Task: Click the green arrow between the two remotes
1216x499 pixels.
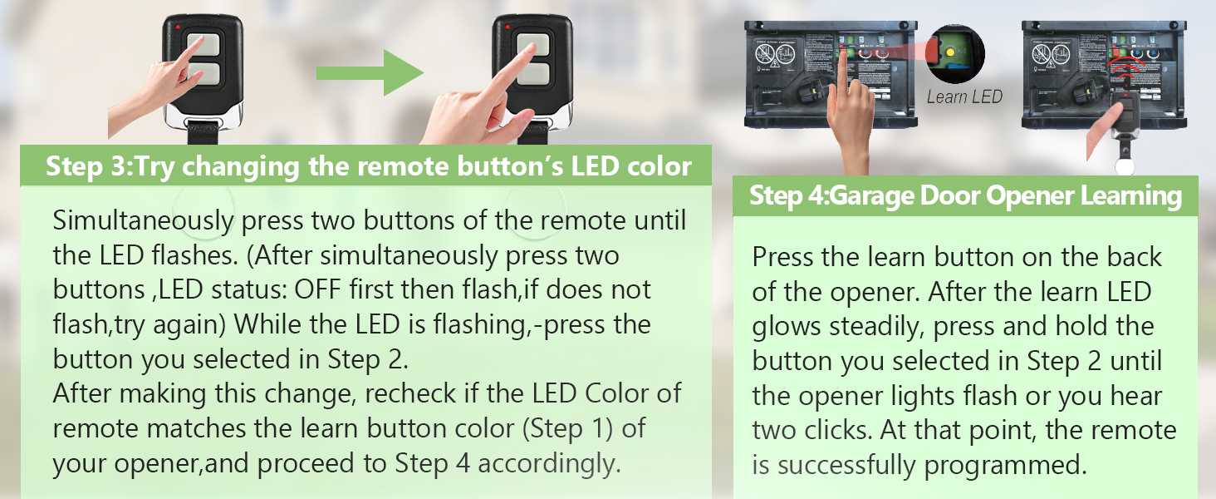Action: point(370,73)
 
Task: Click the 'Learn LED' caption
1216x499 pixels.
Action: point(964,97)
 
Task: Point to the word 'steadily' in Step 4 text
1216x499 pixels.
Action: point(871,327)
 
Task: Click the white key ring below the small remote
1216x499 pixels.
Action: point(1124,165)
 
